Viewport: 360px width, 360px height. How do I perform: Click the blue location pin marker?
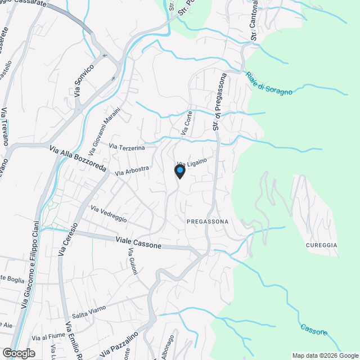179,172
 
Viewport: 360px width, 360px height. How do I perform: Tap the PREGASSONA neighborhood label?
208,222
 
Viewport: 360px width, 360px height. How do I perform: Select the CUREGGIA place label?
321,245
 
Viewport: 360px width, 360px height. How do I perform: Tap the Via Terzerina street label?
127,147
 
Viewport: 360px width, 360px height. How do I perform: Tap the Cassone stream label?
313,329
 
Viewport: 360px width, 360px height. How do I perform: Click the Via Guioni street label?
133,262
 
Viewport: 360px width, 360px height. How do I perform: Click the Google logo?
18,353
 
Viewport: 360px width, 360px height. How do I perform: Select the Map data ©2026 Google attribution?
325,355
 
